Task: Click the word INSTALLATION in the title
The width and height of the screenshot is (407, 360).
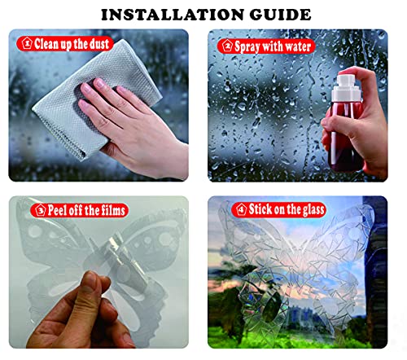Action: [173, 15]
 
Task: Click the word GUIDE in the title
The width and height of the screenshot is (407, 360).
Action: [280, 15]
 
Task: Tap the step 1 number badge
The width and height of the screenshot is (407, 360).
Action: [27, 43]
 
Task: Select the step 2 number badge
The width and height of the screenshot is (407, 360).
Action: [227, 46]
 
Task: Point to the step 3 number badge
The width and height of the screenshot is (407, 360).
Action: [41, 210]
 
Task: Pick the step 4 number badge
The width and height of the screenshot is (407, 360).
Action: [241, 209]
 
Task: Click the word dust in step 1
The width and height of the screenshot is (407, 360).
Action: [99, 44]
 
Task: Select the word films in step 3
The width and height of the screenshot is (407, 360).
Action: [113, 210]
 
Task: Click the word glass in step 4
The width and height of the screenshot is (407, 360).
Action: [313, 210]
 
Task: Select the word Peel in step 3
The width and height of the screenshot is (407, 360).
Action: [57, 210]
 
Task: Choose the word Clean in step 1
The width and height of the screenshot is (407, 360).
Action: [46, 44]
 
